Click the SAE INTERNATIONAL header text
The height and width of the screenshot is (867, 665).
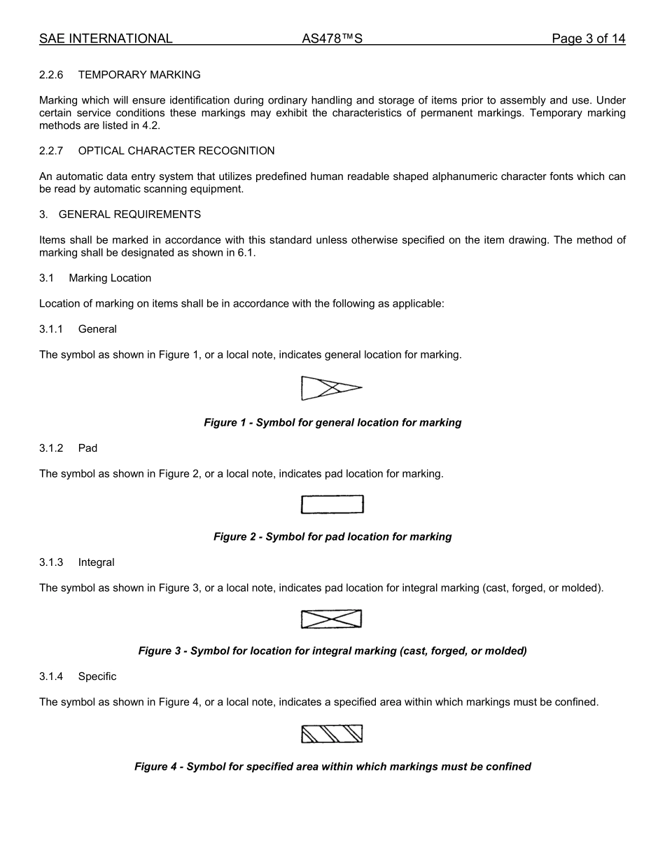pos(106,39)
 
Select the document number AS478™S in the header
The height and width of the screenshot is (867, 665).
pos(332,39)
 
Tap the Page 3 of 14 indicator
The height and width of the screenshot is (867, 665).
pos(588,39)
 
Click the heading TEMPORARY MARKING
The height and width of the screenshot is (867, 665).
pos(139,75)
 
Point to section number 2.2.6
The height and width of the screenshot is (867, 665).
pos(51,75)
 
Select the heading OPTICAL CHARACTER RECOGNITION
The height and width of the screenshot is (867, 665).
pos(176,151)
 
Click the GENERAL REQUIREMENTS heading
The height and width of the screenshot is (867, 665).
pos(129,214)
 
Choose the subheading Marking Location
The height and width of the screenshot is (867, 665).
pos(110,278)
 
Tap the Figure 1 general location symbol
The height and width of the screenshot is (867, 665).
pos(331,388)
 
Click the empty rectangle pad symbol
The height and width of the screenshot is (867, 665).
pos(332,504)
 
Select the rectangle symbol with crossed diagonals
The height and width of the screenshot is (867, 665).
pos(332,619)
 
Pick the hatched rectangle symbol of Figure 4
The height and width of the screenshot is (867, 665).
pos(332,734)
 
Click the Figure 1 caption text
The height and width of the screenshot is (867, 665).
pos(332,423)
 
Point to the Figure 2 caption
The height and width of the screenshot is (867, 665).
pos(332,537)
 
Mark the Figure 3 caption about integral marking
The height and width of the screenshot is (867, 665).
pos(332,651)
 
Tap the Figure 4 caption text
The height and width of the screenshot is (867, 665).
pos(332,767)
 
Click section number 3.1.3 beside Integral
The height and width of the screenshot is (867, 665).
pos(51,562)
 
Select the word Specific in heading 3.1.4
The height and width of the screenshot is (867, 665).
pos(97,677)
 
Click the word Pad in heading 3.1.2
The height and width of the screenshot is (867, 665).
pos(87,448)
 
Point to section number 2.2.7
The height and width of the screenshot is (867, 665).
pos(51,151)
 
